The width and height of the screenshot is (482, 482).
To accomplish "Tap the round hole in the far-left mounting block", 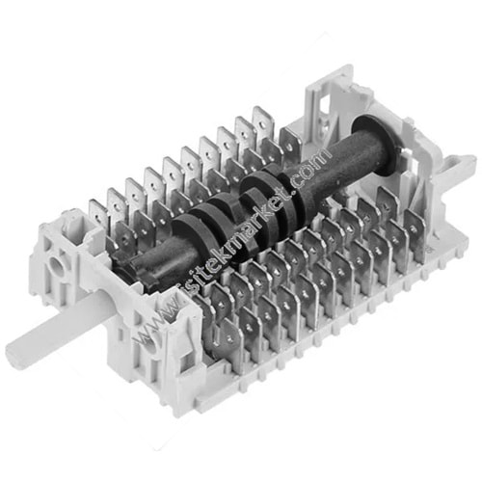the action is [55, 266].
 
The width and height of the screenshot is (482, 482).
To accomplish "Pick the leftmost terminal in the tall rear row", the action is [98, 215].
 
